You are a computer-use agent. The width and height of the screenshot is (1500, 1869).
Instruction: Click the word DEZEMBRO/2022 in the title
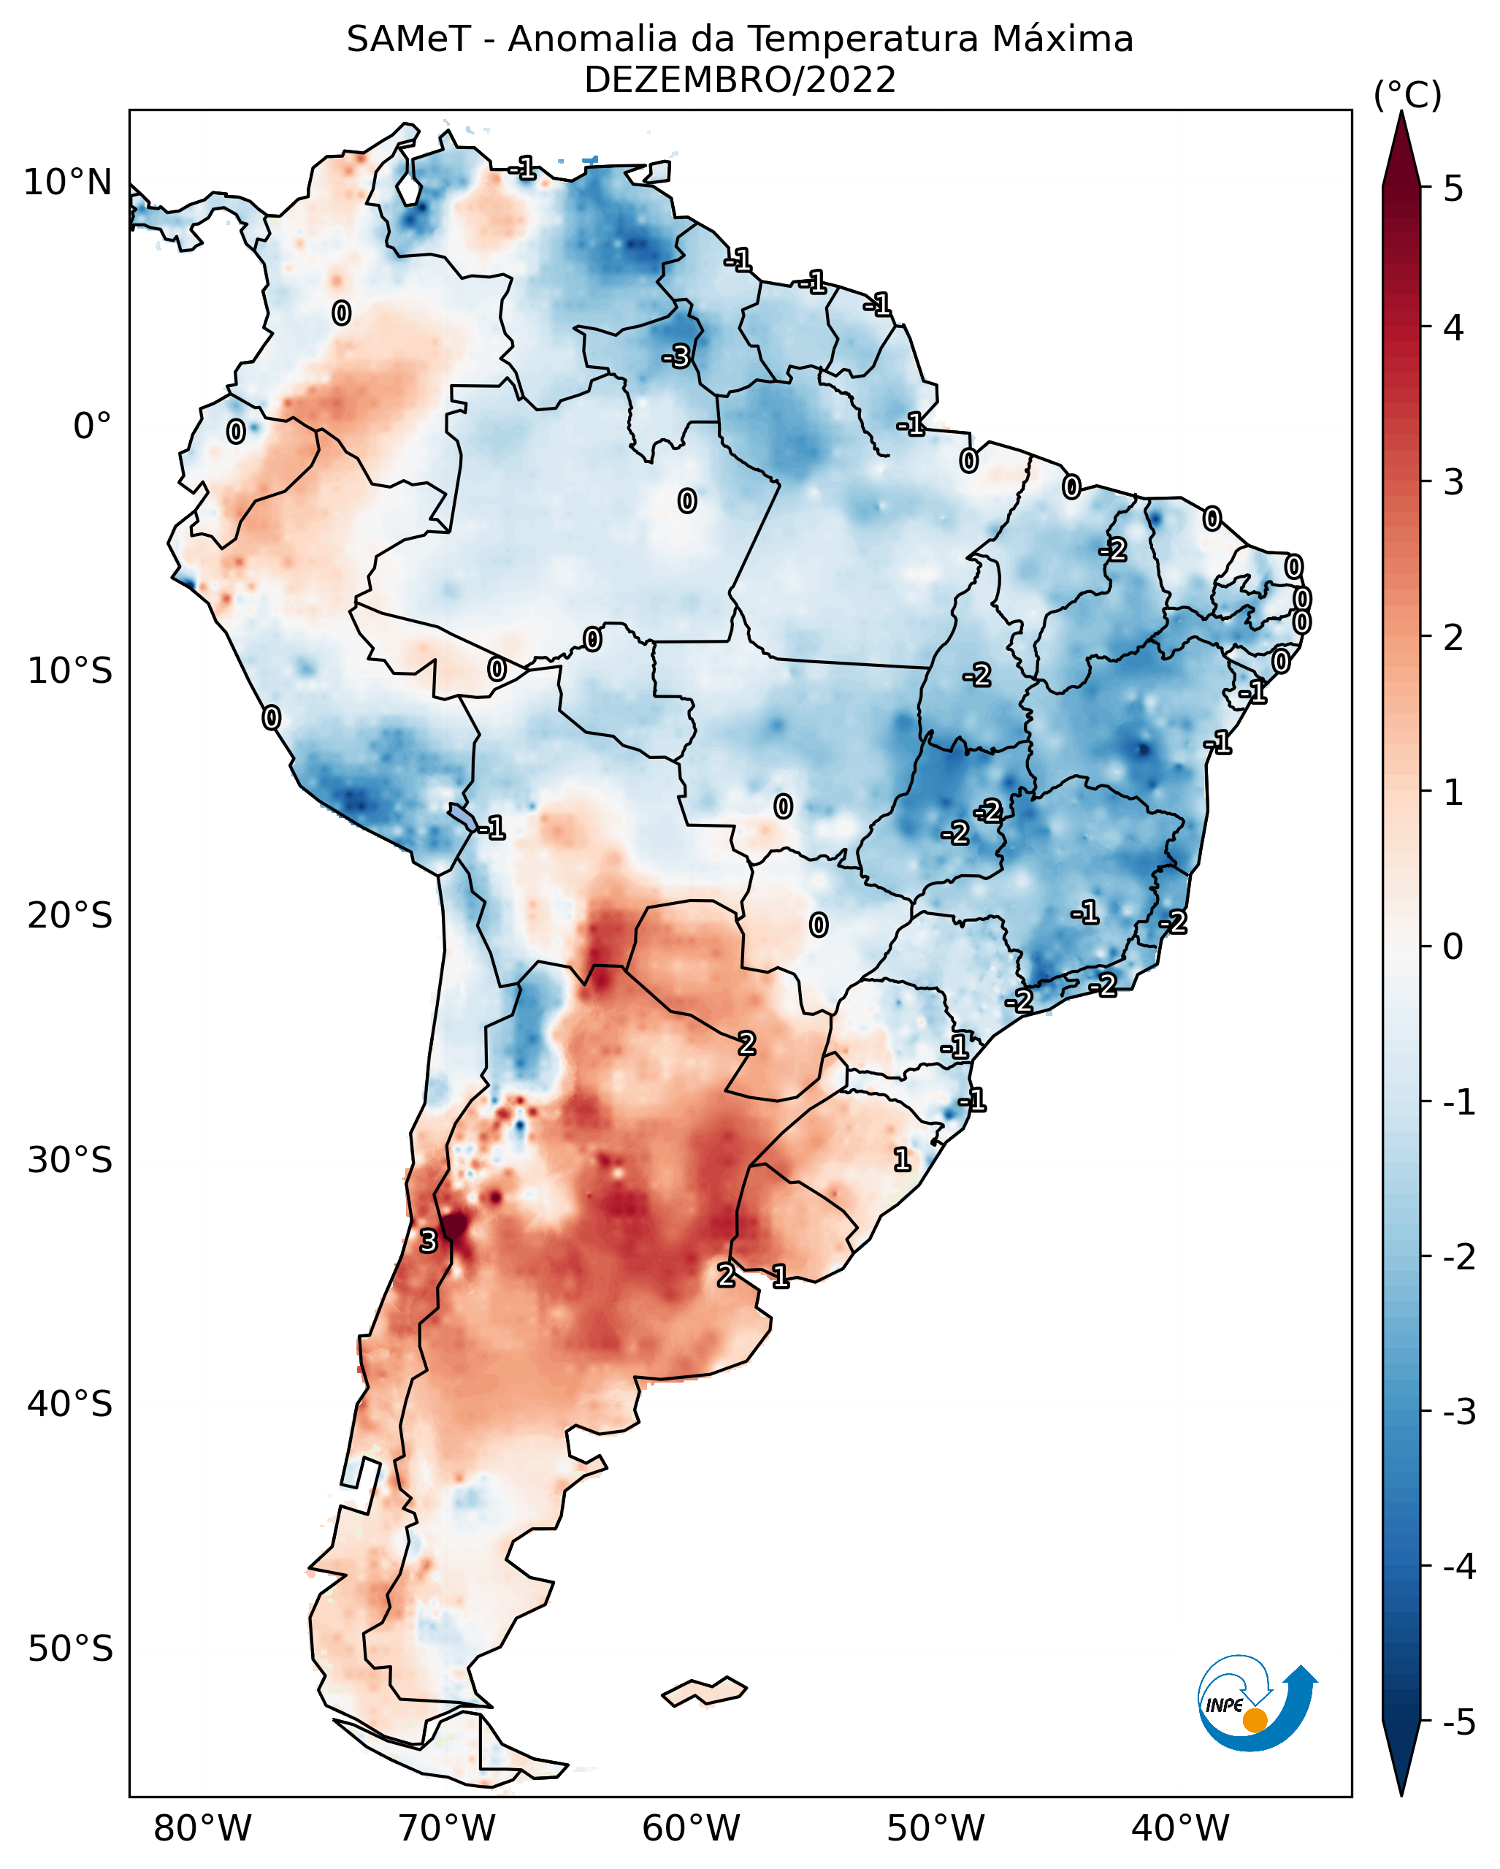739,80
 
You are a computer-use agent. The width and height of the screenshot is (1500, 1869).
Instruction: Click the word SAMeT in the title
408,40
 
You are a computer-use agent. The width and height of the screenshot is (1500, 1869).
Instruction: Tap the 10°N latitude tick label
68,183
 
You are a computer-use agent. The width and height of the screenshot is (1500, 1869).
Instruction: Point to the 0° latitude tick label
92,427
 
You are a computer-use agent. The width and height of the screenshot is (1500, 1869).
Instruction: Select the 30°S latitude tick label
69,1160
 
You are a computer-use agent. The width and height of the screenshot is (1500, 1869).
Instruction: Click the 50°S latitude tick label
69,1649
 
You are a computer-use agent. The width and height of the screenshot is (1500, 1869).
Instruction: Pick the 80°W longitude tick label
202,1828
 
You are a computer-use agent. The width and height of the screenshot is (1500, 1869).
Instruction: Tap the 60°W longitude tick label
691,1828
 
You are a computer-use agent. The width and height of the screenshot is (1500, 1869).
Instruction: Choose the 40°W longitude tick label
1179,1828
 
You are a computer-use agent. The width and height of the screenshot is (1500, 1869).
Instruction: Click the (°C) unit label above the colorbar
1407,96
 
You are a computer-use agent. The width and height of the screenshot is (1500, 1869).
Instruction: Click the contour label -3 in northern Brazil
676,356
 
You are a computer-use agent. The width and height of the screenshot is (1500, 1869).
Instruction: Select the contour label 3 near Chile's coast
428,1242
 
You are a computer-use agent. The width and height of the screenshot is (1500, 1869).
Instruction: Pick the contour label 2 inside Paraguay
747,1044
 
